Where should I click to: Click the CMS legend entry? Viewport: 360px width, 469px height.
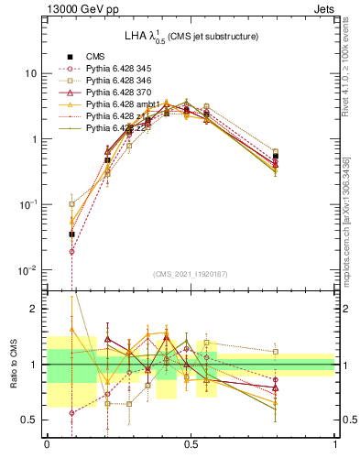tap(96, 56)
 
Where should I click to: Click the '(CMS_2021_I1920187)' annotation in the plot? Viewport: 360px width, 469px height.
tap(191, 274)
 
